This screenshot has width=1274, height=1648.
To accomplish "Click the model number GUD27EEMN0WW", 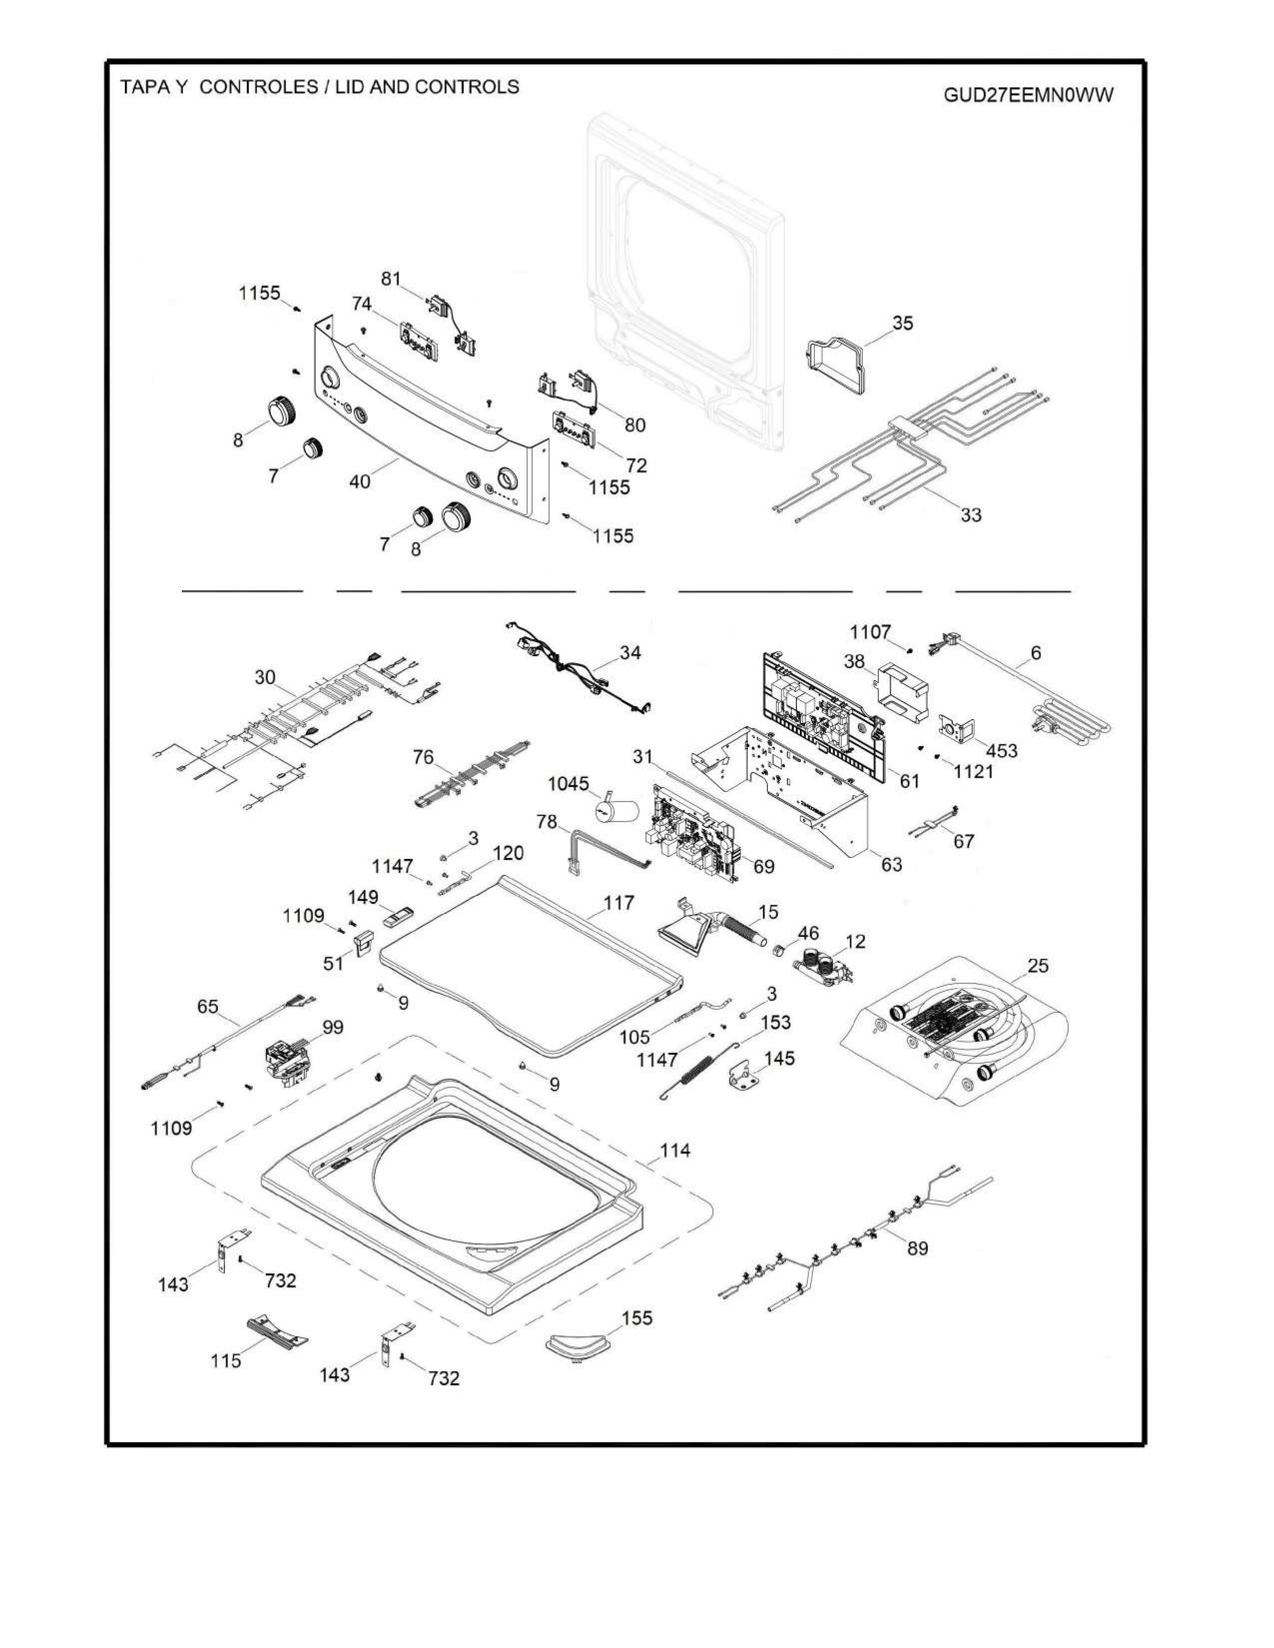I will tap(1028, 96).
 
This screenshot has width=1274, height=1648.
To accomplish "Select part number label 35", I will tap(903, 323).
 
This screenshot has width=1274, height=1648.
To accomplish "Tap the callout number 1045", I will tap(569, 784).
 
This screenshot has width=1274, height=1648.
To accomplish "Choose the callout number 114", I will tap(675, 1151).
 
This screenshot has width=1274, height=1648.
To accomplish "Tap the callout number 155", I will tap(637, 1317).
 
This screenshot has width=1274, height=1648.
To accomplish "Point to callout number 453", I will tap(1002, 751).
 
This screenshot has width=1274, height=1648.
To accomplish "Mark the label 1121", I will tap(974, 771).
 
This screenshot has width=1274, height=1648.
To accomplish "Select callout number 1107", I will tap(870, 632).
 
